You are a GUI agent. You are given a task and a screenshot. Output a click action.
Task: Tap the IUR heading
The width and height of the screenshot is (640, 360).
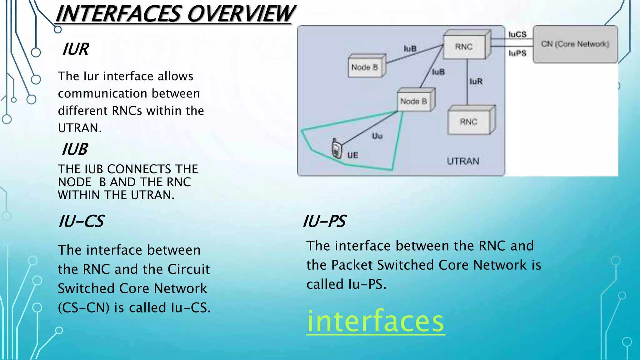click(x=76, y=49)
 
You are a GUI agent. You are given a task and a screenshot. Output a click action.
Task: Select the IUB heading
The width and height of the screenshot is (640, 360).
click(x=75, y=149)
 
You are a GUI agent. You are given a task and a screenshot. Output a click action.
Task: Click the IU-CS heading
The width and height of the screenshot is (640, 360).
click(x=81, y=221)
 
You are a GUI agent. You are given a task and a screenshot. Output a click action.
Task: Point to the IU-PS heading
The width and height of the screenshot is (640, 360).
click(x=324, y=221)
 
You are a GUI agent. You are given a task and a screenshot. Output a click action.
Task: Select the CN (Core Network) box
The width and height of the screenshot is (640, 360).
click(x=575, y=44)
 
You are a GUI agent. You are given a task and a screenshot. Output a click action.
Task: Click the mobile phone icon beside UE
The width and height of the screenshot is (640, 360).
click(x=337, y=149)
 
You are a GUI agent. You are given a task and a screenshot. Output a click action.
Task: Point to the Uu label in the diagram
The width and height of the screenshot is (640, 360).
click(x=377, y=136)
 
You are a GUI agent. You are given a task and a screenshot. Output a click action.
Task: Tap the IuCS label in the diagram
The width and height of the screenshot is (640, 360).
click(x=517, y=34)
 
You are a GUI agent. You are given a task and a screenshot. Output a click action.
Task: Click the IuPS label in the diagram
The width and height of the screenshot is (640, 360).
click(x=517, y=53)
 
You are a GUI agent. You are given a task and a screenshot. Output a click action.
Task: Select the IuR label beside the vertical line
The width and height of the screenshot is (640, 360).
click(x=476, y=82)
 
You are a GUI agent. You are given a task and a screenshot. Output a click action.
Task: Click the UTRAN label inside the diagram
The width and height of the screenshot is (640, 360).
click(x=463, y=161)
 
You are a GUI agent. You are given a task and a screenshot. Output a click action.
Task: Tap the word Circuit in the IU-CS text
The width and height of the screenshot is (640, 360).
click(x=188, y=269)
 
